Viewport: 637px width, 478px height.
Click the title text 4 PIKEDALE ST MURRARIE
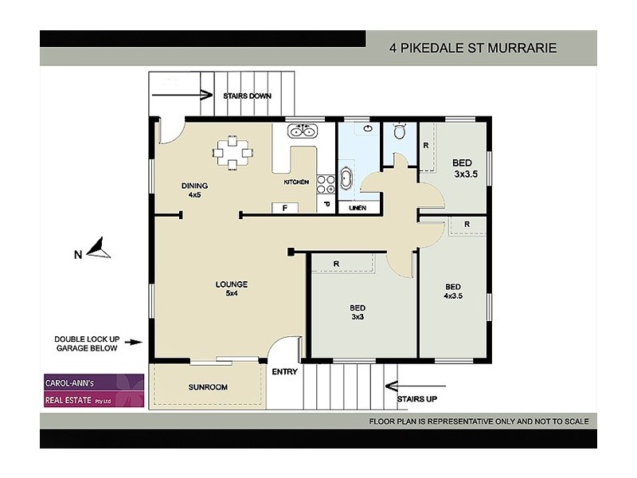[x=472, y=48]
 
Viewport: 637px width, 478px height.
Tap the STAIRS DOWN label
[x=247, y=96]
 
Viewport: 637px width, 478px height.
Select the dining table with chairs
[x=232, y=152]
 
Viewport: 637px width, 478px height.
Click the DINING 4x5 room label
[x=194, y=190]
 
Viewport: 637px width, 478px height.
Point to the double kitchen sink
[x=303, y=132]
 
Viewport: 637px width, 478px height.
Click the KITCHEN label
[x=296, y=182]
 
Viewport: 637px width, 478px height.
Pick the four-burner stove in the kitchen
[x=326, y=184]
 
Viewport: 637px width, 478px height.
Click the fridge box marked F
[x=284, y=208]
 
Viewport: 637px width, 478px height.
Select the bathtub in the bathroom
[x=348, y=178]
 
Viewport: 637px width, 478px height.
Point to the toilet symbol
[x=400, y=132]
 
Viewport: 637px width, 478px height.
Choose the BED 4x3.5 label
[x=452, y=292]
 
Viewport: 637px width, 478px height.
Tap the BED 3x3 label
[x=358, y=312]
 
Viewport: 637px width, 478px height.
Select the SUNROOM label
[x=208, y=387]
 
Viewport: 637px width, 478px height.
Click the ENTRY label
[x=284, y=372]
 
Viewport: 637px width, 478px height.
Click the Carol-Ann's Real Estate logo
[x=92, y=391]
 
